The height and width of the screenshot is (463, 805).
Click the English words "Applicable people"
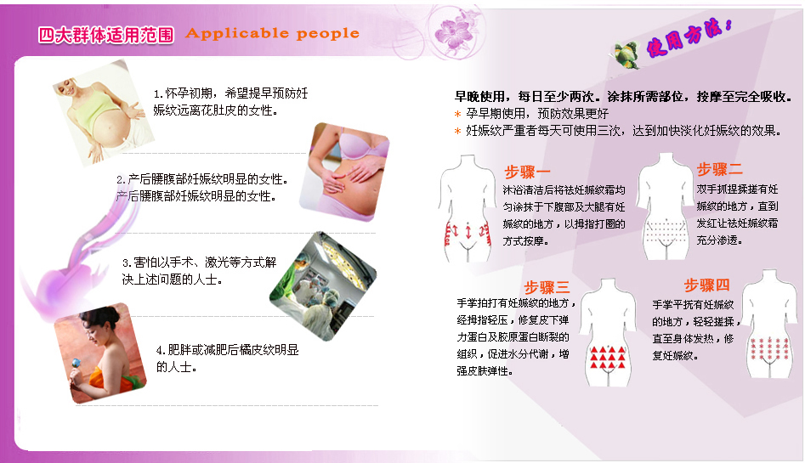click(x=272, y=33)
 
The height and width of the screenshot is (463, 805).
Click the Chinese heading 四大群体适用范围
click(x=105, y=35)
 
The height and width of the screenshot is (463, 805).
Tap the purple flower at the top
click(x=453, y=33)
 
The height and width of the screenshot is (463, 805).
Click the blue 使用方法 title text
click(x=689, y=37)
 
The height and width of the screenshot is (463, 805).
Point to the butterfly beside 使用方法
click(x=626, y=54)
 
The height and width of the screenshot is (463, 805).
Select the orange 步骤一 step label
click(x=527, y=172)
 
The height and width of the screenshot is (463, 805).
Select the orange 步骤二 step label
click(x=719, y=169)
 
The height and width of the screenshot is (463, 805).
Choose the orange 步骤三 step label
click(x=547, y=287)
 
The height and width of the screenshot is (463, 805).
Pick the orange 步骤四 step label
click(x=706, y=285)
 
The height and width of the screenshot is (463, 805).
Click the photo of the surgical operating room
click(x=323, y=285)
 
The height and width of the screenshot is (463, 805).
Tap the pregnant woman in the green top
click(x=103, y=113)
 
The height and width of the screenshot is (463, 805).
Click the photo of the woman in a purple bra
click(x=345, y=172)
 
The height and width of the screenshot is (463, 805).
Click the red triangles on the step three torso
click(x=607, y=358)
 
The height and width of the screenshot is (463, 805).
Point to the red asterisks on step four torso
click(x=769, y=348)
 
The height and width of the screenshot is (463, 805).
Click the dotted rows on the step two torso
click(x=666, y=231)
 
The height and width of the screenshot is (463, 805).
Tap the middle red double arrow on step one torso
click(x=468, y=230)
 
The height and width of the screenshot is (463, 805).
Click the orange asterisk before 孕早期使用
click(x=457, y=114)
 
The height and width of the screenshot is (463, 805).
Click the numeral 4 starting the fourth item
click(x=160, y=351)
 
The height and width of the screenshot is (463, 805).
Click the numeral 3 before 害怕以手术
click(x=125, y=263)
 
